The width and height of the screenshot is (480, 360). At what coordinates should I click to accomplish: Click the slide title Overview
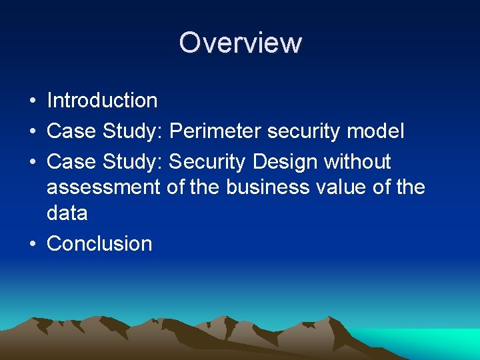pos(240,43)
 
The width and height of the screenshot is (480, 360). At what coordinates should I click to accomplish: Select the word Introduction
pos(102,101)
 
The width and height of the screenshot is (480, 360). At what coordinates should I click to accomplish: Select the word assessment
pos(103,187)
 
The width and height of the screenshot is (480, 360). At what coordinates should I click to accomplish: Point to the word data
pos(67,213)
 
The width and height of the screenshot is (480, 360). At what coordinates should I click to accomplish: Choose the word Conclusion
pos(99,244)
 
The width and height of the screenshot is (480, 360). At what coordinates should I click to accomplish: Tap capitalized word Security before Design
pos(209,162)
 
